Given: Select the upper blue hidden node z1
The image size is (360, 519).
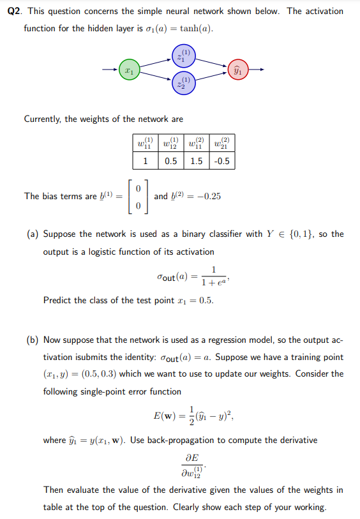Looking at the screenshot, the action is click(183, 56).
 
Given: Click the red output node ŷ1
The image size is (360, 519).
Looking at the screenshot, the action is click(239, 68).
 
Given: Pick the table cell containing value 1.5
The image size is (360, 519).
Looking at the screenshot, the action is click(198, 162).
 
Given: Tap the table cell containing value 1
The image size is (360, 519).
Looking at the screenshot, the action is click(146, 162).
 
